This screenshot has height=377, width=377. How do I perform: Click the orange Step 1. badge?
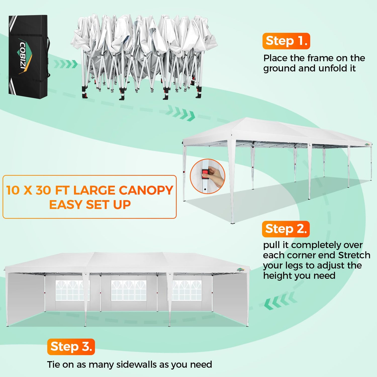tap(286, 41)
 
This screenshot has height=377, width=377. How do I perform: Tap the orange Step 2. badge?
tap(286, 229)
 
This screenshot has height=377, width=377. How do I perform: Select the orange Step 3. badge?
tap(71, 347)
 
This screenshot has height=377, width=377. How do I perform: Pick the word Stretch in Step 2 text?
tap(354, 255)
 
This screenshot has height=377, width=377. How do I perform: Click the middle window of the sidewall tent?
tap(129, 290)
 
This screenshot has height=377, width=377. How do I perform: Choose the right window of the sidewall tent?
tap(187, 290)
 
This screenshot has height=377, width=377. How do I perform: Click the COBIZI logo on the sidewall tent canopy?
tap(241, 270)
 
